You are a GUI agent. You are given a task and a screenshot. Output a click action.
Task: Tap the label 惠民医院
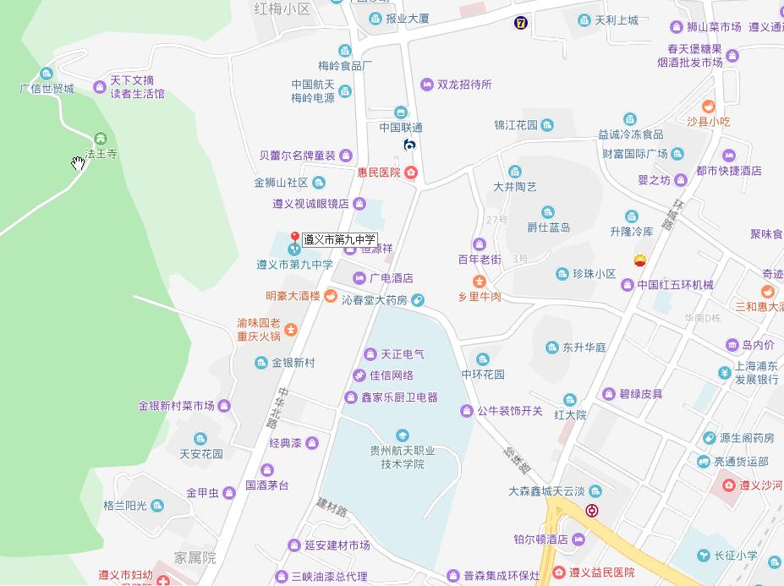[376, 173]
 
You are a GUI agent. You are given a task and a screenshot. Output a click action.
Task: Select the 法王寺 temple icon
[101, 139]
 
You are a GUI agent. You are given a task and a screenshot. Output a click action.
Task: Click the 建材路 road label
[332, 507]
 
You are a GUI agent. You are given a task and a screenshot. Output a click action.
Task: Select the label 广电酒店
[391, 277]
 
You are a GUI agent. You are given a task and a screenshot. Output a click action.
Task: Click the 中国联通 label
[401, 128]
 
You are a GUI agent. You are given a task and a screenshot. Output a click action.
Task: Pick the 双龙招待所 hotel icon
[427, 85]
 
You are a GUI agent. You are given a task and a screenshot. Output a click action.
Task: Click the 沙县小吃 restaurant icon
[708, 107]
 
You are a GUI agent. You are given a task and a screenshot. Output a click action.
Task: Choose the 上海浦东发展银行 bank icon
[725, 374]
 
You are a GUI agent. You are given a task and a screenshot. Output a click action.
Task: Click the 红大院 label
[570, 415]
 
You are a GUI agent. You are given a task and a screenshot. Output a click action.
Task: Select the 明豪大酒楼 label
[293, 296]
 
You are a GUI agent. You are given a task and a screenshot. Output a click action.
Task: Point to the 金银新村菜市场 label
[176, 406]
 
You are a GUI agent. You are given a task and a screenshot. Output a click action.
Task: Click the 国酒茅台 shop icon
[267, 470]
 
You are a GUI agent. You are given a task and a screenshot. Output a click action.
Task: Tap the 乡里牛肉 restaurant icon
[480, 280]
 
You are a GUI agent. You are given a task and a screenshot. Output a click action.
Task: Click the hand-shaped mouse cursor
[79, 163]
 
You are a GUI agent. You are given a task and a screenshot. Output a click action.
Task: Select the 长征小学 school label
[733, 556]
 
